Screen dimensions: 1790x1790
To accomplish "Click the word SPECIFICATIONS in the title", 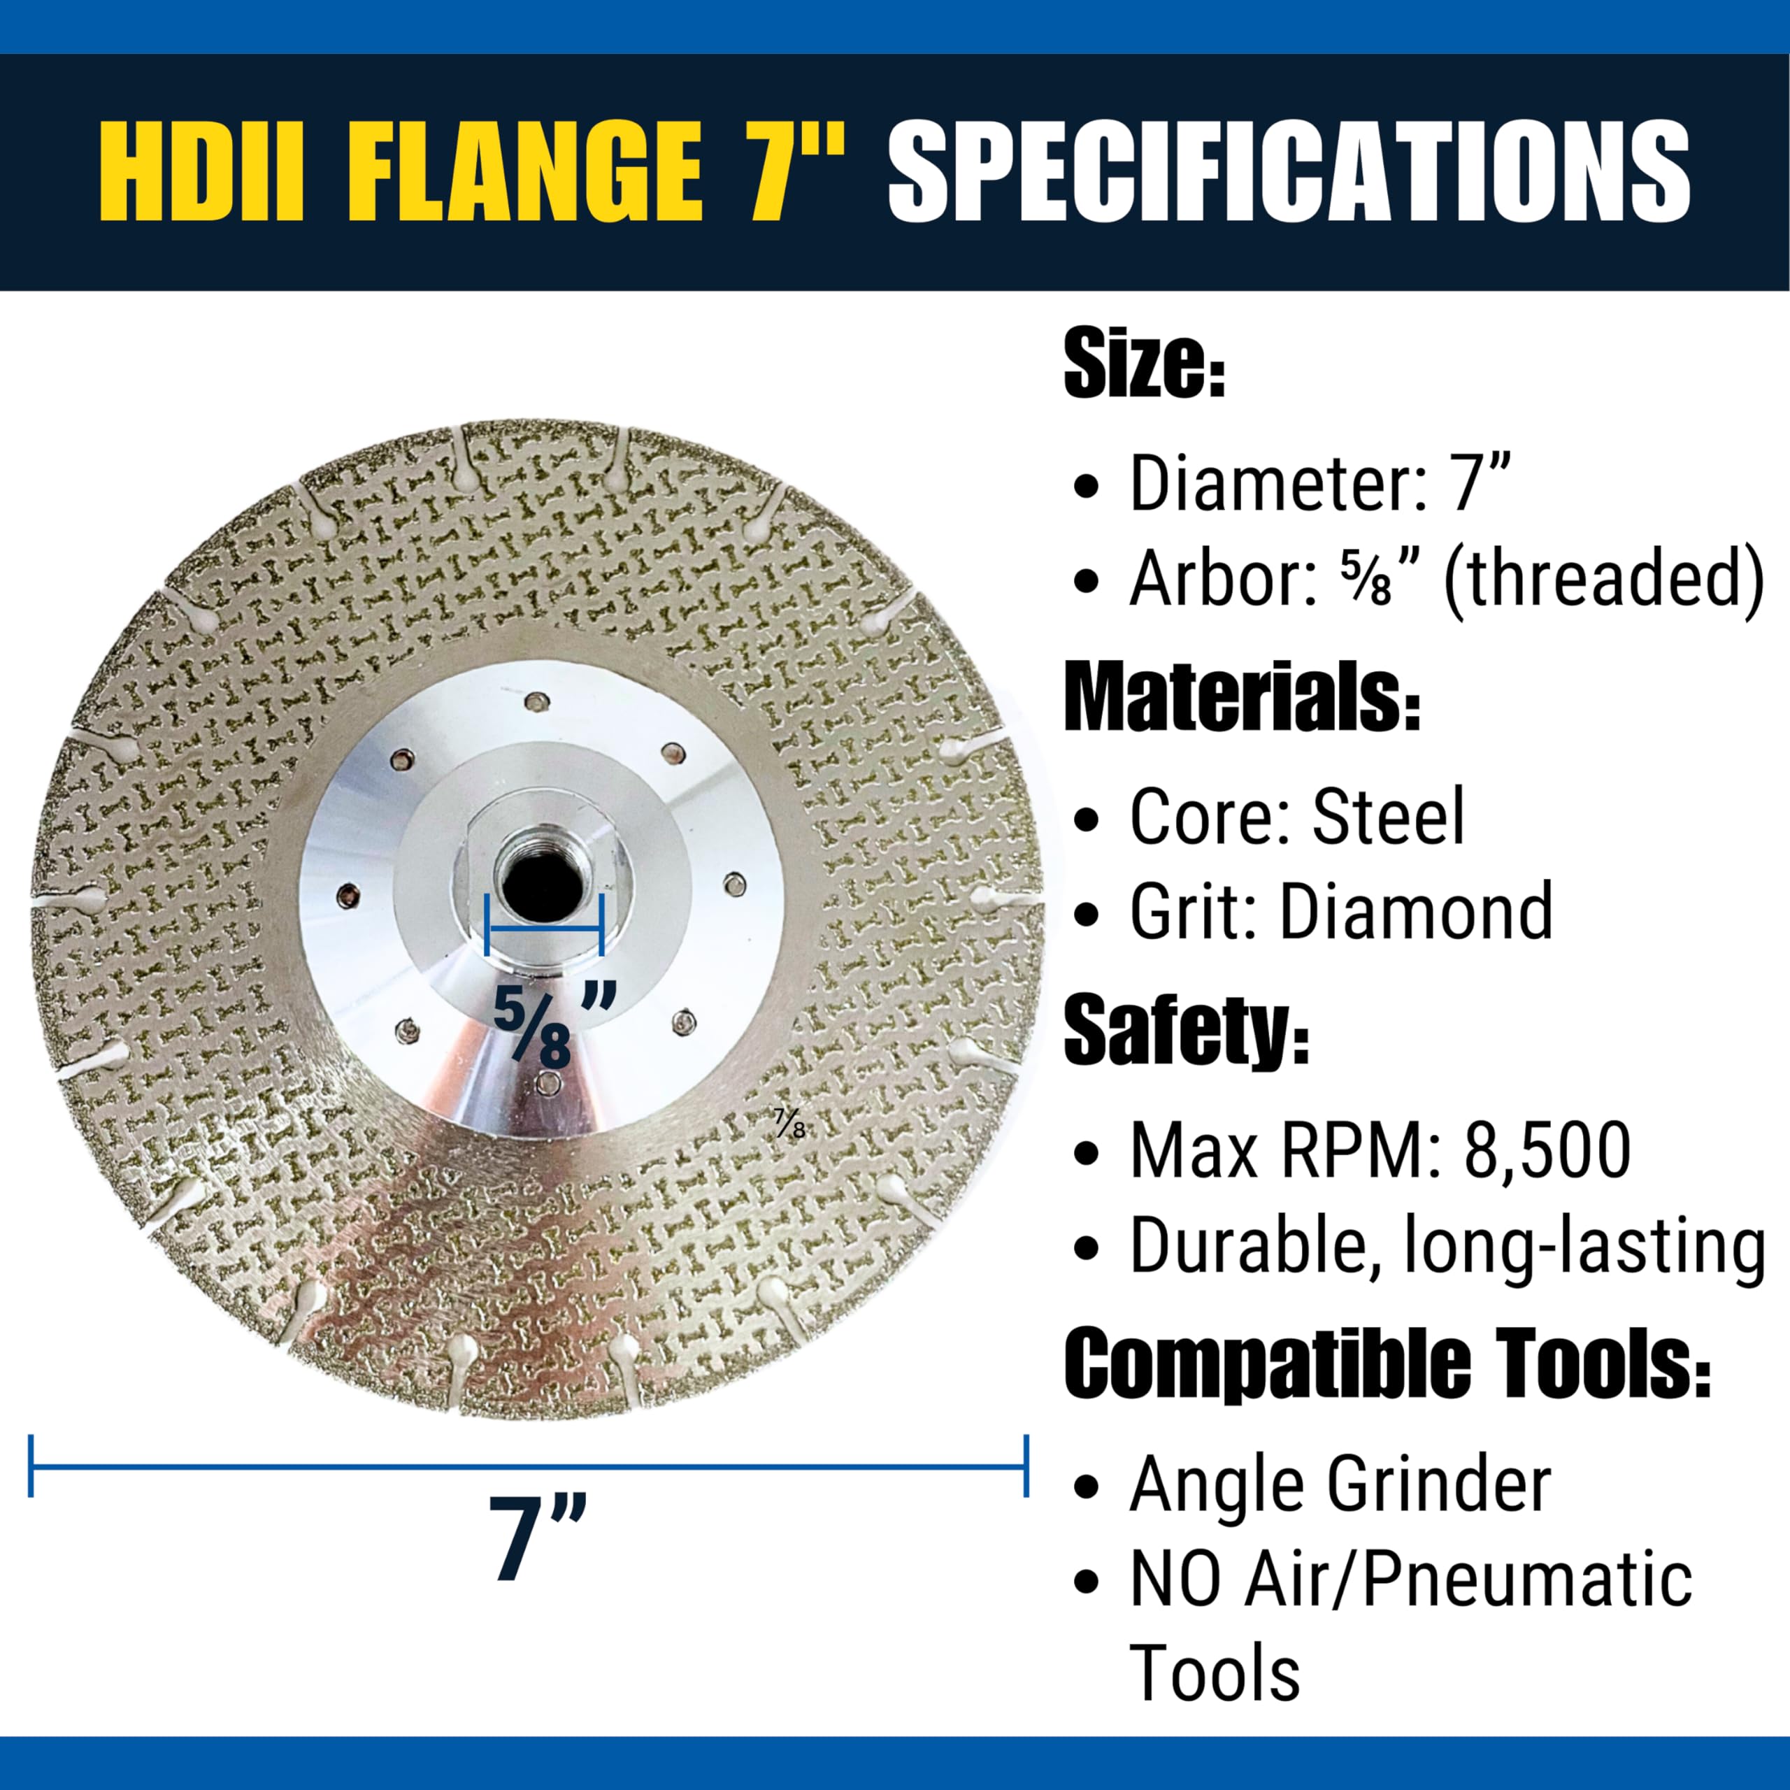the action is click(1289, 173).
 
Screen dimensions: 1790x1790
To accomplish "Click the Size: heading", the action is click(1144, 368).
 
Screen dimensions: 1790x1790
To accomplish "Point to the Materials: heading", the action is click(1242, 698).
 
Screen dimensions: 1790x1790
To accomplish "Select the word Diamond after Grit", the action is click(1417, 912).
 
